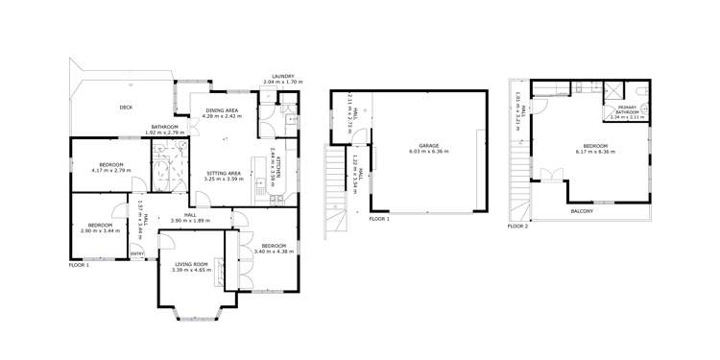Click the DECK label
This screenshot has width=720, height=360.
[x=126, y=108]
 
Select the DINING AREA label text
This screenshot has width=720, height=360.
[x=222, y=110]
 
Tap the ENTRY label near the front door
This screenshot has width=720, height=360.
[x=137, y=253]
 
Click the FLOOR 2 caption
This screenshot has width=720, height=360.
[x=518, y=227]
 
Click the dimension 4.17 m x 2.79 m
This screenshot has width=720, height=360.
[x=110, y=170]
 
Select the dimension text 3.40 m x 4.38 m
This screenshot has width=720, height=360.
[x=275, y=252]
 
